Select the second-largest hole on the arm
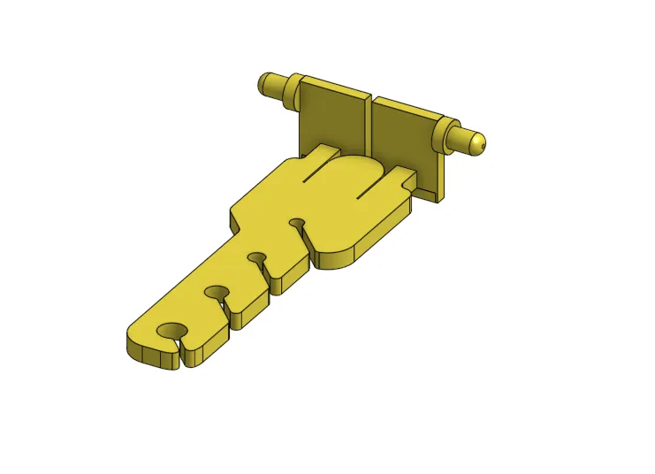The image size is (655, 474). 217,291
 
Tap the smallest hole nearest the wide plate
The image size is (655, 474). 297,222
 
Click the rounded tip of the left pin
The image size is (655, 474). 263,84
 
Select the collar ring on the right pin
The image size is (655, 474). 456,137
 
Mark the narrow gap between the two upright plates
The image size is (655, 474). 370,124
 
